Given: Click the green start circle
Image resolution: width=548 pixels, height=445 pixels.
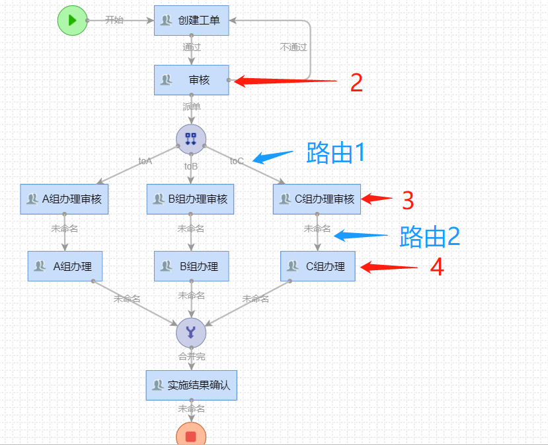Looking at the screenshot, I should click(72, 21).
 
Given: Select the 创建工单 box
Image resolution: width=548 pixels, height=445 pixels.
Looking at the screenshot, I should click(191, 21).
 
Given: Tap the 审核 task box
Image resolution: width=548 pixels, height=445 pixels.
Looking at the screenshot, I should click(191, 80).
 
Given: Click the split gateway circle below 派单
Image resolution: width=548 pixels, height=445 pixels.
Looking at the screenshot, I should click(191, 138).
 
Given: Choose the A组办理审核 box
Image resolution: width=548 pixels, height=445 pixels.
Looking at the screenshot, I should click(64, 199).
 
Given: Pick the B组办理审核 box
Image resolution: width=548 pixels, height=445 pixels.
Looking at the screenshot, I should click(190, 199).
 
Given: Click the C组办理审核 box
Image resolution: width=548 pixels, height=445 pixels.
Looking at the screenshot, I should click(317, 199).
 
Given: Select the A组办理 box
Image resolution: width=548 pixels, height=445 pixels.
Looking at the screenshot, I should click(65, 266).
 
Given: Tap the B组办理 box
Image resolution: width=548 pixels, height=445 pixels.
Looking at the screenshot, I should click(191, 266).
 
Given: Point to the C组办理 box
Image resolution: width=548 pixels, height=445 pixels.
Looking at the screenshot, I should click(317, 266).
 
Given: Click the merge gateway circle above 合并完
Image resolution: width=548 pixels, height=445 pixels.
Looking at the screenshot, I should click(191, 332).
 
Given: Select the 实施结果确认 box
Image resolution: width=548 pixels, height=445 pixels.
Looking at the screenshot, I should click(191, 385).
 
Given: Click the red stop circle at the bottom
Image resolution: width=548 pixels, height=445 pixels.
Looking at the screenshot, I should click(191, 436).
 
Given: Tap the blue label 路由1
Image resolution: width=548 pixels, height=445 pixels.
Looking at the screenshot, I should click(335, 153).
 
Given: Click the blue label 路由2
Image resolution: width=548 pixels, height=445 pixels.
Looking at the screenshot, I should click(429, 236).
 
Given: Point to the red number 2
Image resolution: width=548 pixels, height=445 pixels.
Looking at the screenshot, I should click(356, 82).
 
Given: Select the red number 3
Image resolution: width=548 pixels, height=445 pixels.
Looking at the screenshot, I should click(407, 199).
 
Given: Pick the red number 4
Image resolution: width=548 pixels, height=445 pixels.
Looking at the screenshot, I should click(436, 267).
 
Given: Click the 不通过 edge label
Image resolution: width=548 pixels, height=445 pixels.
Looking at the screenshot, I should click(294, 48).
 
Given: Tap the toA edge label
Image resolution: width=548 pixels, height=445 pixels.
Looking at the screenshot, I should click(145, 161).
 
